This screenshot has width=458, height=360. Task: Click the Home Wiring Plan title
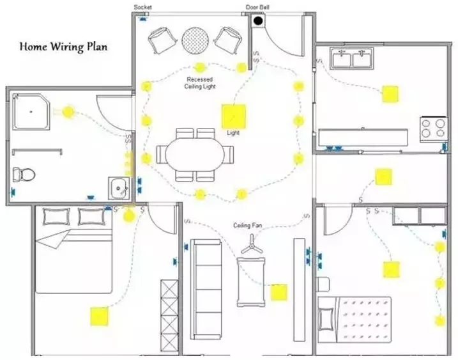click(63, 47)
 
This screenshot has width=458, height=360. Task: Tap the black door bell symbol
click(259, 21)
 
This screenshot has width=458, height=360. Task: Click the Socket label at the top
click(142, 7)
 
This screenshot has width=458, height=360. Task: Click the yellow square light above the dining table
click(233, 116)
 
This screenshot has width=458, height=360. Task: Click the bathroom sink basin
click(119, 187)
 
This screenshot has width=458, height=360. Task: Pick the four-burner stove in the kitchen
click(432, 129)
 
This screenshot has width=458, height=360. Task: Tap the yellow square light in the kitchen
click(390, 94)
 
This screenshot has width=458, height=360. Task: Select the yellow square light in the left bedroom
click(99, 315)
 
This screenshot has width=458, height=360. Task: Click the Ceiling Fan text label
click(248, 225)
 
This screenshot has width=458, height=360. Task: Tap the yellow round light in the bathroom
click(67, 111)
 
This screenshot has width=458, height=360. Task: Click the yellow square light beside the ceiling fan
click(279, 292)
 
